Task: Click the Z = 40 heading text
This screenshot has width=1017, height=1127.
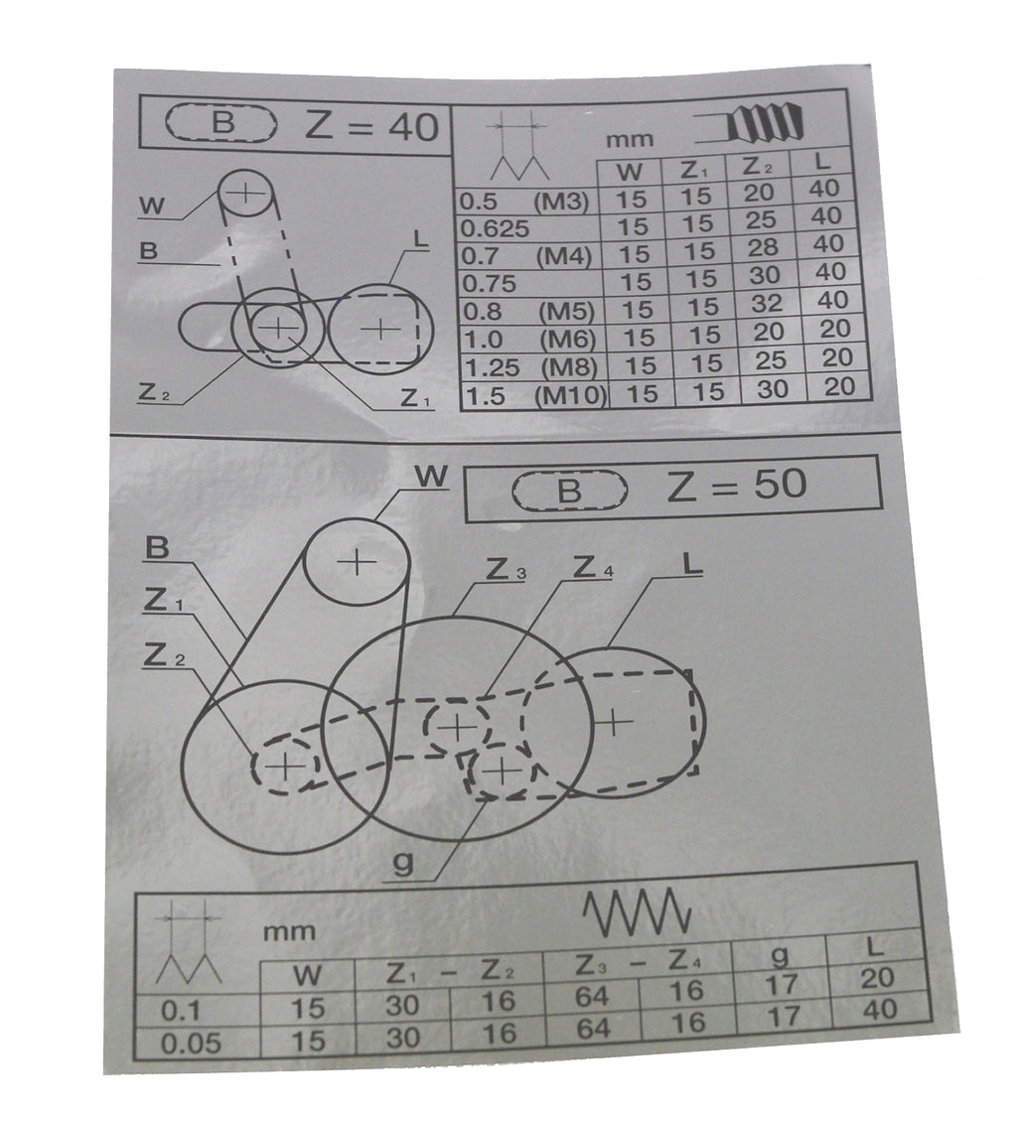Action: click(x=371, y=126)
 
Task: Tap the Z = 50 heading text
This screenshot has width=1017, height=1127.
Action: click(x=736, y=486)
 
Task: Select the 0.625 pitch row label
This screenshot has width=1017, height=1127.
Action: click(x=495, y=228)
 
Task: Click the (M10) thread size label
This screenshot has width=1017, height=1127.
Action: click(x=570, y=395)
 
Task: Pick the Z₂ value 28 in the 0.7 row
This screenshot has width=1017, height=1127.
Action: click(x=762, y=247)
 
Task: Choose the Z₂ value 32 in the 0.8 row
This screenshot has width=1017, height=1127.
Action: click(x=766, y=303)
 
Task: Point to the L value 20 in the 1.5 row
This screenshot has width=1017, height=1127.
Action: click(x=839, y=386)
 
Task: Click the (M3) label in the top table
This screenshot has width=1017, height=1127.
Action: click(x=560, y=202)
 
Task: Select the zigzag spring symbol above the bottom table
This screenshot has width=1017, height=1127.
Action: click(x=637, y=912)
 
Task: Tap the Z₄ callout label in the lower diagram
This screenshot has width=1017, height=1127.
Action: click(x=593, y=568)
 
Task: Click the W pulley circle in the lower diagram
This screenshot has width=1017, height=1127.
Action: click(x=305, y=561)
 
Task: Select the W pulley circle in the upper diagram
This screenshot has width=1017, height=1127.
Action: click(x=218, y=194)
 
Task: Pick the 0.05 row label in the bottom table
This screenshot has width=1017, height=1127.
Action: click(x=190, y=1043)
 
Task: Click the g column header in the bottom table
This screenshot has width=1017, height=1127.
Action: click(x=781, y=955)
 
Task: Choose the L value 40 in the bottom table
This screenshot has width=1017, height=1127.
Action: click(x=879, y=1009)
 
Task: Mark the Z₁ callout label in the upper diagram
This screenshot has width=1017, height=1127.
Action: click(x=415, y=398)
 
